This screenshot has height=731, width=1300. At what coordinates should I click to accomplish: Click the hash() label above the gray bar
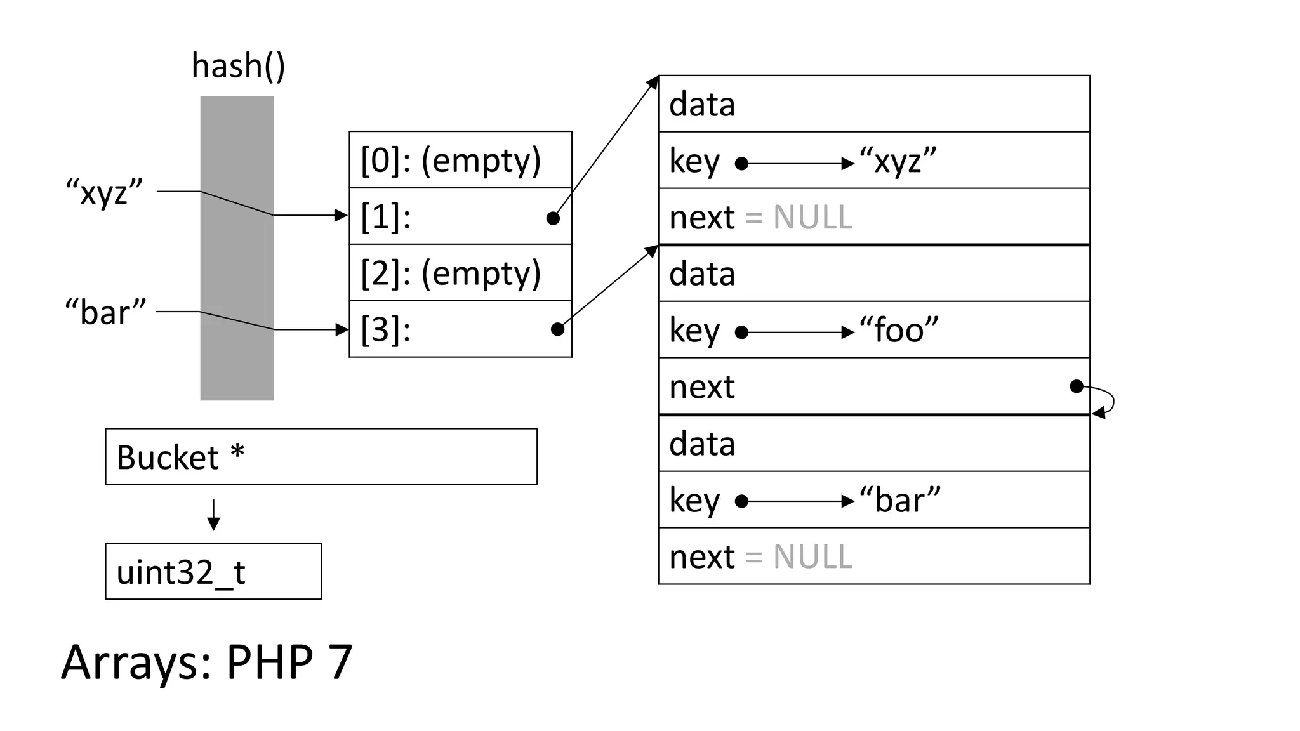click(x=238, y=66)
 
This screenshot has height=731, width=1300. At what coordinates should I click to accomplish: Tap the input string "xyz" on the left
click(x=105, y=191)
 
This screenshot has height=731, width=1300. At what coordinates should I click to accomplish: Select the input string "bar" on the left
click(x=105, y=312)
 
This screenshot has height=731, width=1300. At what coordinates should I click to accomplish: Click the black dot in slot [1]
click(x=553, y=218)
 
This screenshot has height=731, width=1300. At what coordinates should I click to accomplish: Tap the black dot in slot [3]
click(x=557, y=329)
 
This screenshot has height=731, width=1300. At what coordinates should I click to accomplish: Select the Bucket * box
click(x=321, y=457)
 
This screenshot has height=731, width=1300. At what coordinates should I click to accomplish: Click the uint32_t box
click(x=213, y=571)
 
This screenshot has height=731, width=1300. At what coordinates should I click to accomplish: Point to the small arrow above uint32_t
click(x=214, y=515)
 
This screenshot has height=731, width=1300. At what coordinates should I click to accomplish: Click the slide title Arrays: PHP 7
click(x=206, y=662)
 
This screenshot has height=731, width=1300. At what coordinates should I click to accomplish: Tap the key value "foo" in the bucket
click(x=898, y=330)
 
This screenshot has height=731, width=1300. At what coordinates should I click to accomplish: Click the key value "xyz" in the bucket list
click(x=898, y=161)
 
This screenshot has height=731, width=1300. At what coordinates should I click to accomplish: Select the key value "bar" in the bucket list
click(x=899, y=500)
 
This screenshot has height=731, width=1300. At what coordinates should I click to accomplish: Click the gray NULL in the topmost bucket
click(x=812, y=218)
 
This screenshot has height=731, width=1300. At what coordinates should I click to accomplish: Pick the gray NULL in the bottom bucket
click(x=812, y=557)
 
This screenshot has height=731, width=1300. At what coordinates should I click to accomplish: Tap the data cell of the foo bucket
click(x=873, y=274)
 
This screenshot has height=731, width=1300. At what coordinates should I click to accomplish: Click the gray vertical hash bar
click(x=237, y=248)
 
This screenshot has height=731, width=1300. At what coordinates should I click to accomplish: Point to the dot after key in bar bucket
click(x=741, y=501)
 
